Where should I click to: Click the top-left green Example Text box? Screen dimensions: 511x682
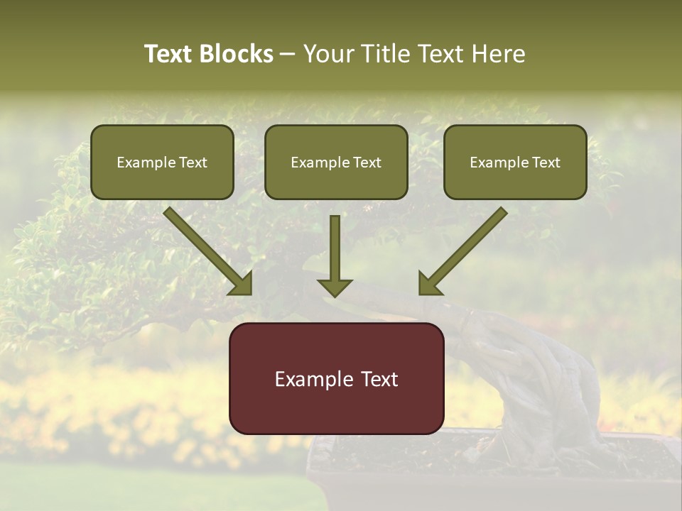(162, 162)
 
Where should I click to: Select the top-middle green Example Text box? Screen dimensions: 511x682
(336, 162)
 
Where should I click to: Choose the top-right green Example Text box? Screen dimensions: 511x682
(515, 162)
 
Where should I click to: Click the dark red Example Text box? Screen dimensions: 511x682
(336, 378)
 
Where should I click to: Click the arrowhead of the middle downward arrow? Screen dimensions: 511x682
(335, 288)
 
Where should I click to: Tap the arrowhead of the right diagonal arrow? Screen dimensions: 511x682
(429, 284)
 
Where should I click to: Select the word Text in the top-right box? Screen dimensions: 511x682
(546, 163)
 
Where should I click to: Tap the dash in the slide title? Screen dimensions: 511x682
(288, 55)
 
